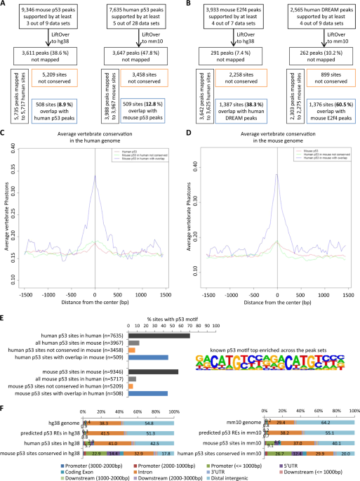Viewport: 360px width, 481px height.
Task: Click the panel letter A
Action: (4, 4)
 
